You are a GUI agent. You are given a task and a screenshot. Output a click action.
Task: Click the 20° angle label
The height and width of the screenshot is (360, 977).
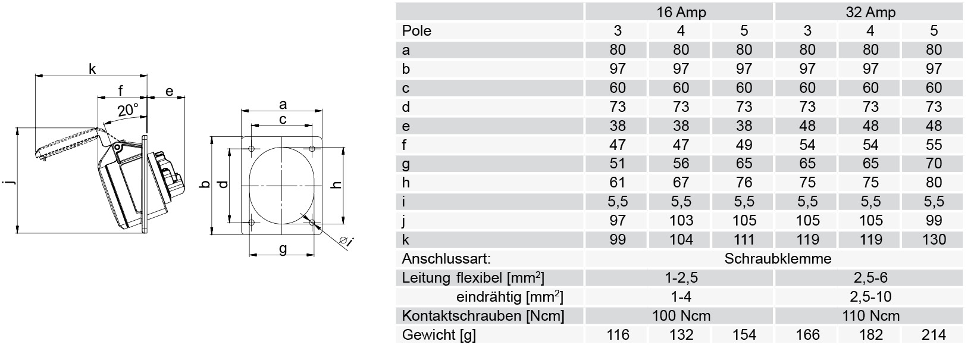pyautogui.click(x=127, y=110)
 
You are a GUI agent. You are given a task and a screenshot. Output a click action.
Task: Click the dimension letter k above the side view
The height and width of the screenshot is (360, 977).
pyautogui.click(x=92, y=68)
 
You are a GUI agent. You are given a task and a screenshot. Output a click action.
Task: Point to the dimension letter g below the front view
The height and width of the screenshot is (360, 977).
pyautogui.click(x=283, y=248)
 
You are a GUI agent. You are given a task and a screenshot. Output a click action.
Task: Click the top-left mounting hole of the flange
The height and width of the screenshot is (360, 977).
pyautogui.click(x=251, y=149)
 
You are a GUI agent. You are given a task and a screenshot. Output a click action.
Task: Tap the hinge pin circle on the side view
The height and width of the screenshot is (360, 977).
pyautogui.click(x=118, y=148)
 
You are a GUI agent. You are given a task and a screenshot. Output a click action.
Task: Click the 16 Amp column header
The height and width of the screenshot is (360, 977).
pyautogui.click(x=681, y=12)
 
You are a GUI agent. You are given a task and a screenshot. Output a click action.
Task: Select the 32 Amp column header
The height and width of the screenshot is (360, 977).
pyautogui.click(x=870, y=12)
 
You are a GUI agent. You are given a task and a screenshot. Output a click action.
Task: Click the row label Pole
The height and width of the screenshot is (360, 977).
pyautogui.click(x=417, y=30)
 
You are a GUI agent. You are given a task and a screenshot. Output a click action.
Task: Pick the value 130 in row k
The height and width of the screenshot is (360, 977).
pyautogui.click(x=934, y=239)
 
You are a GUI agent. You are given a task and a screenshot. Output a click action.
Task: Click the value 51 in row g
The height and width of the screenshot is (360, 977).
pyautogui.click(x=618, y=163)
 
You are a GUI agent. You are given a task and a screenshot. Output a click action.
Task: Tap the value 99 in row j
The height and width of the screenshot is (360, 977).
pyautogui.click(x=934, y=220)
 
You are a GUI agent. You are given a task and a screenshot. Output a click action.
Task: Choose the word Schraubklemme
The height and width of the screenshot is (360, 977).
pyautogui.click(x=778, y=258)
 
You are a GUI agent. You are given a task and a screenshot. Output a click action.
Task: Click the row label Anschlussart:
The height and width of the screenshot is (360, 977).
pyautogui.click(x=446, y=258)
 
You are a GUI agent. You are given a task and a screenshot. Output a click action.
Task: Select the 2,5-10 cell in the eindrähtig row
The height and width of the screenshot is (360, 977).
pyautogui.click(x=870, y=296)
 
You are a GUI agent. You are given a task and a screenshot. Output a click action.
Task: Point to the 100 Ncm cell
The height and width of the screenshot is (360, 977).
pyautogui.click(x=681, y=315)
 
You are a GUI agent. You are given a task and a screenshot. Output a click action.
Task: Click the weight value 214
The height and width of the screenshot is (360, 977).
pyautogui.click(x=934, y=334)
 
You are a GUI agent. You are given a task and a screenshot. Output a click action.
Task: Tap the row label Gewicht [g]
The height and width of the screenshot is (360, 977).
pyautogui.click(x=439, y=334)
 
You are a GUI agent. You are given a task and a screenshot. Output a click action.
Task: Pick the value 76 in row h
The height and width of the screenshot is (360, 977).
pyautogui.click(x=744, y=183)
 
